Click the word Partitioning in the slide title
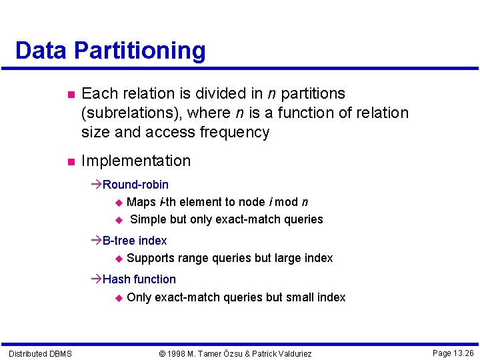(140, 51)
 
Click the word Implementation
(135, 161)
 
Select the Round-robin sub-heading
(135, 185)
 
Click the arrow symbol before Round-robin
(96, 185)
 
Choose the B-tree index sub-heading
(135, 241)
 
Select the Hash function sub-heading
(139, 279)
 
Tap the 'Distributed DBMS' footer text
(40, 353)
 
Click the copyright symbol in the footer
(162, 353)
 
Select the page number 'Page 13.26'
(453, 353)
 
